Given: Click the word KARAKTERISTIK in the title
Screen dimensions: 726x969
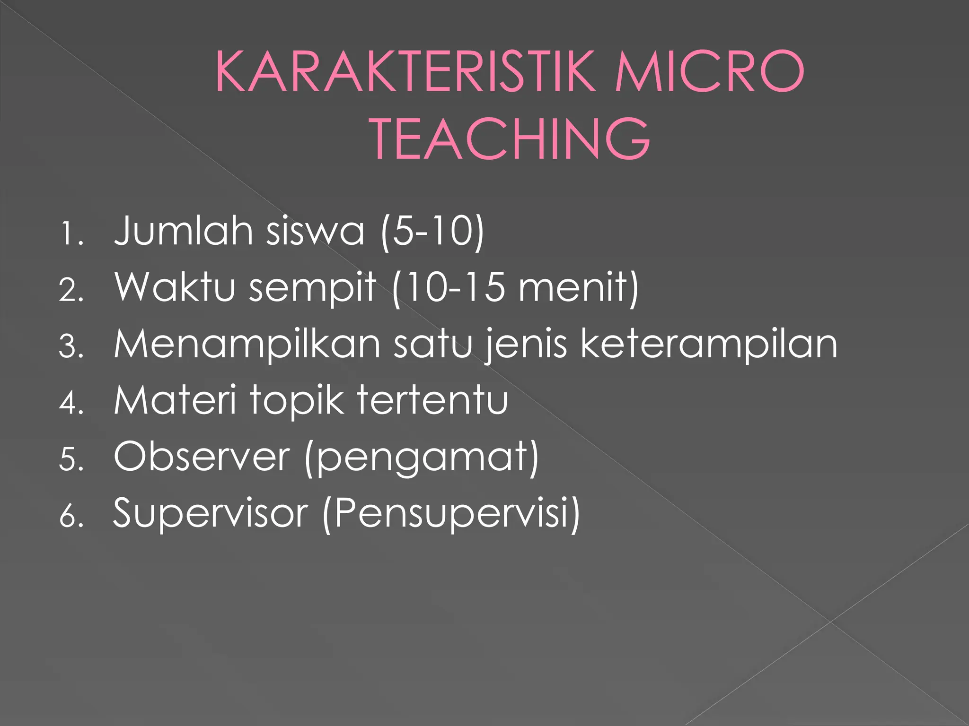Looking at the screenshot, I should (x=405, y=72).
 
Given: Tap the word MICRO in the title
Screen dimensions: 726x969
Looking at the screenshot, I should (x=709, y=72).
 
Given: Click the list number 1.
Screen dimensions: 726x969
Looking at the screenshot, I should (x=71, y=234).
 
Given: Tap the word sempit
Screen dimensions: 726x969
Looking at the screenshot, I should (x=312, y=288).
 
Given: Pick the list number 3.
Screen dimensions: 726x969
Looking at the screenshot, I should (x=71, y=346).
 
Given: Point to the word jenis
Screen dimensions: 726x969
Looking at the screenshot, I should (x=526, y=345).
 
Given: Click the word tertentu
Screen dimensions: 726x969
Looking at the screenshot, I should (x=432, y=400).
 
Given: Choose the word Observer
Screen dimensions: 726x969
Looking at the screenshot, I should (x=202, y=457).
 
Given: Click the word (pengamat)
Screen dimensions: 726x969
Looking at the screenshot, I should (x=422, y=458).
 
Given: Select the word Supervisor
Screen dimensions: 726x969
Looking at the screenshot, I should (x=211, y=514).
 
